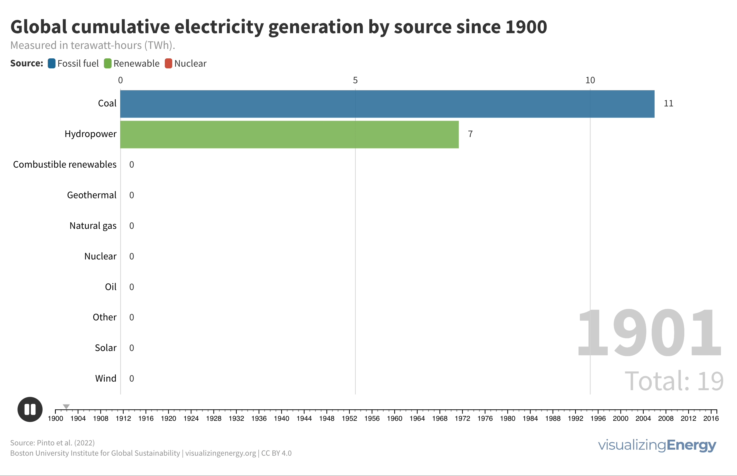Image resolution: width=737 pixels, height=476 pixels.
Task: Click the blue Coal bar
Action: (x=387, y=104)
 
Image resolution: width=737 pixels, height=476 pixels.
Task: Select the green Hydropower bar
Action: (x=289, y=134)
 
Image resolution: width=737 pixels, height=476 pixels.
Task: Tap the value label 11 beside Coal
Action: (x=668, y=104)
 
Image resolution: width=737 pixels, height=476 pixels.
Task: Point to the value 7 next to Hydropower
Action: (x=470, y=134)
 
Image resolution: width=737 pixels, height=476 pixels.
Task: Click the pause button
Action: (x=30, y=409)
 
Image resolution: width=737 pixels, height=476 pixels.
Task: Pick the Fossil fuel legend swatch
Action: (x=51, y=64)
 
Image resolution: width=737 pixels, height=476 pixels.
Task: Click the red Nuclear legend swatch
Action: (x=169, y=64)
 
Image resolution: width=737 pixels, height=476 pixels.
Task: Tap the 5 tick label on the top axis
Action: (x=355, y=80)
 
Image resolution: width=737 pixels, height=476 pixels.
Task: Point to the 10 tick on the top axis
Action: (x=590, y=80)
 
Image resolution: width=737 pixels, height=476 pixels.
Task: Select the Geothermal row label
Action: (x=92, y=195)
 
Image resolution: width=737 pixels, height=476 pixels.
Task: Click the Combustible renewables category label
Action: (x=65, y=164)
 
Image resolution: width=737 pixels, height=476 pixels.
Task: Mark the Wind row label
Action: (x=106, y=378)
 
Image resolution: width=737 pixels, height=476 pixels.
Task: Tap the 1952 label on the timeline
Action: (x=349, y=419)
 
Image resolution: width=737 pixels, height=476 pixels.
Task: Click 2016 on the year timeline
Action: (x=711, y=419)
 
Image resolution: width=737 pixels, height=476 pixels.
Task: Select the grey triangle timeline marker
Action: (x=66, y=406)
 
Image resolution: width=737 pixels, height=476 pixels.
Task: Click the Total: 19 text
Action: (x=674, y=381)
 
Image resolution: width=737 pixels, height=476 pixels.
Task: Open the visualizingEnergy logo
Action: (x=657, y=445)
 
